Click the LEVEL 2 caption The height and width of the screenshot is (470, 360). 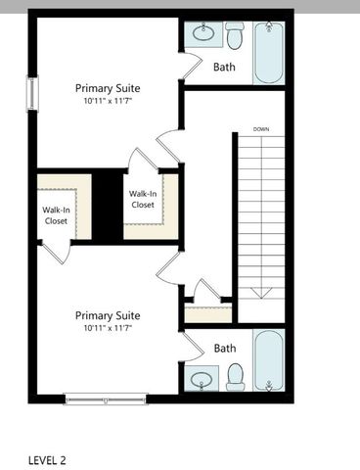tap(47, 458)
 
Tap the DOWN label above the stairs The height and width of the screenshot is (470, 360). tap(261, 129)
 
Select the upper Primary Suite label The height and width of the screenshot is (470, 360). tap(108, 88)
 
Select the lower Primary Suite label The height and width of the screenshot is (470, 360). tap(108, 315)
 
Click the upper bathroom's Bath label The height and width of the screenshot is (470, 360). tap(224, 68)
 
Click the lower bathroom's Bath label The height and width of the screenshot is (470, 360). tap(225, 348)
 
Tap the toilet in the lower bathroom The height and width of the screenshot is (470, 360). tap(235, 376)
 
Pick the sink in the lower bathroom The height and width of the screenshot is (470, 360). tap(203, 378)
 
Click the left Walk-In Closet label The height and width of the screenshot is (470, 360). tap(56, 215)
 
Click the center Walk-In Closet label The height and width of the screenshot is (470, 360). tap(143, 199)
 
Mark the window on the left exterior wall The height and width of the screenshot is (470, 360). tap(32, 94)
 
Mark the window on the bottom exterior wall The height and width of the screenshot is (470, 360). tap(106, 397)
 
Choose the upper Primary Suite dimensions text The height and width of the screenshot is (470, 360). tap(108, 101)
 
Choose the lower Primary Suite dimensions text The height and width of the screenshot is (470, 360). tap(108, 328)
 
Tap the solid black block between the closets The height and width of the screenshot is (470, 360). tap(106, 205)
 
